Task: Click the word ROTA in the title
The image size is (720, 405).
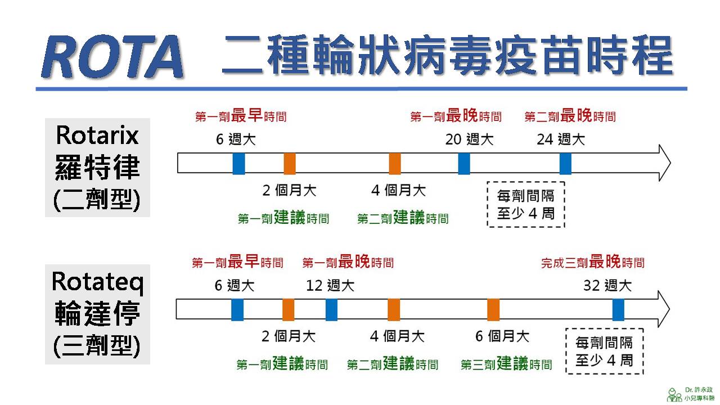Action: pos(112,57)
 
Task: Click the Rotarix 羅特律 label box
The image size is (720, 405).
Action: pos(97,167)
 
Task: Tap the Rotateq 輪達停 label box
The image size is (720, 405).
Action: pos(97,314)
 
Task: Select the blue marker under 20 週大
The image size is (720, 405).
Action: pos(464,163)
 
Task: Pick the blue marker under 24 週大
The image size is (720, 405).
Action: pos(565,163)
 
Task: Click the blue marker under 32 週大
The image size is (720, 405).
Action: pos(618,310)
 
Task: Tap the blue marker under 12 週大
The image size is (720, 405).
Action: pos(331,310)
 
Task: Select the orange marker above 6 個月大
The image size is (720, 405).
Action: pos(493,310)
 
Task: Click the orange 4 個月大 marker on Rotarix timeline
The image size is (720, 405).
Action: pos(395,163)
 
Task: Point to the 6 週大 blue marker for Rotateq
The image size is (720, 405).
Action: pos(237,310)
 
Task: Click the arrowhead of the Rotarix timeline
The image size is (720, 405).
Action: pos(663,163)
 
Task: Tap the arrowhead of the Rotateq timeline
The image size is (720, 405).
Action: pos(662,310)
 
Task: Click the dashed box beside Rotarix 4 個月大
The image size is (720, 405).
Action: pos(525,204)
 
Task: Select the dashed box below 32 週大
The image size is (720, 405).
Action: pos(604,351)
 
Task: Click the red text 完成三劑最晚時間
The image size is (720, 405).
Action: pos(592,262)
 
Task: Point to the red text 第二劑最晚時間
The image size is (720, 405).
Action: pos(570,116)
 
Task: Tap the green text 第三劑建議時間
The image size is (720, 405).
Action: pos(506,364)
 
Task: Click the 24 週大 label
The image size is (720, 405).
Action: pos(560,139)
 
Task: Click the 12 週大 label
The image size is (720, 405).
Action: pos(330,285)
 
